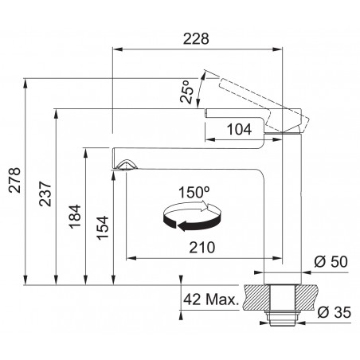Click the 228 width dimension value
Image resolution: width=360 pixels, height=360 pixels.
196,39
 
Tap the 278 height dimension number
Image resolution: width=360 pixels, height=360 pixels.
14,180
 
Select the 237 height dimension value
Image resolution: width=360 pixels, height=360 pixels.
45,194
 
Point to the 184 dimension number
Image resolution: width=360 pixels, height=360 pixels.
75,217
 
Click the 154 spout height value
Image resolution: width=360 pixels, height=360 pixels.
103,228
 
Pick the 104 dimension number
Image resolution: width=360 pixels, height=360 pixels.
240,130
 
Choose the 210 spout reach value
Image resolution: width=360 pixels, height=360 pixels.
202,248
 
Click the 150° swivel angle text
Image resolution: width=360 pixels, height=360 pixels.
194,192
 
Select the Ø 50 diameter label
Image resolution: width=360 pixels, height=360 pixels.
331,262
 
